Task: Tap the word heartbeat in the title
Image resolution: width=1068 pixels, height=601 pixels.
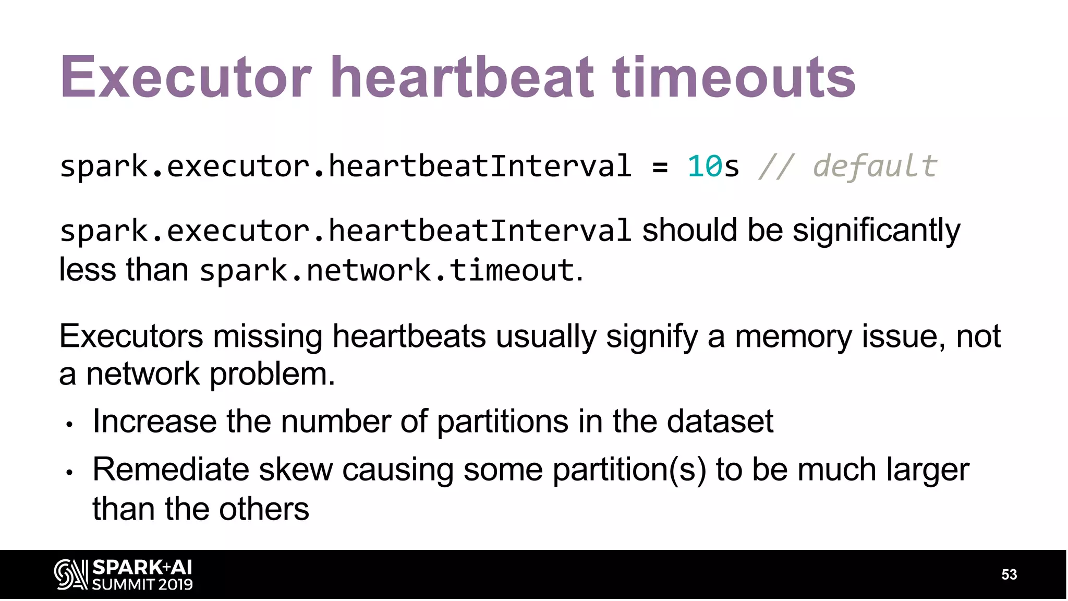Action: pos(462,78)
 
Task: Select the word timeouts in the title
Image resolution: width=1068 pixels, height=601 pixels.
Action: pos(734,78)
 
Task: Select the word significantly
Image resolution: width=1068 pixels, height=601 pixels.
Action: pos(876,231)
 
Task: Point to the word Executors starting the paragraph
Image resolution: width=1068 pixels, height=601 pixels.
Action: pos(131,336)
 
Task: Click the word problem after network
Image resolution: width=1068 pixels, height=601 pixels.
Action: pos(272,375)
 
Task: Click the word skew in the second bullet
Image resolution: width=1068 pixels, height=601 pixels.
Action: pos(296,470)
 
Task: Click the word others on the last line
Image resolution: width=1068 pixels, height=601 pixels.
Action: pos(264,509)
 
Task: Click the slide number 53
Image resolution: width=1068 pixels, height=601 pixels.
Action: pos(1009,575)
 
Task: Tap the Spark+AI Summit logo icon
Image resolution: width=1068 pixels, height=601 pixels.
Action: pos(71,574)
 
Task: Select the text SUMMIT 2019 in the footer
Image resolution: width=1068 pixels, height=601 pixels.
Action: pos(142,584)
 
